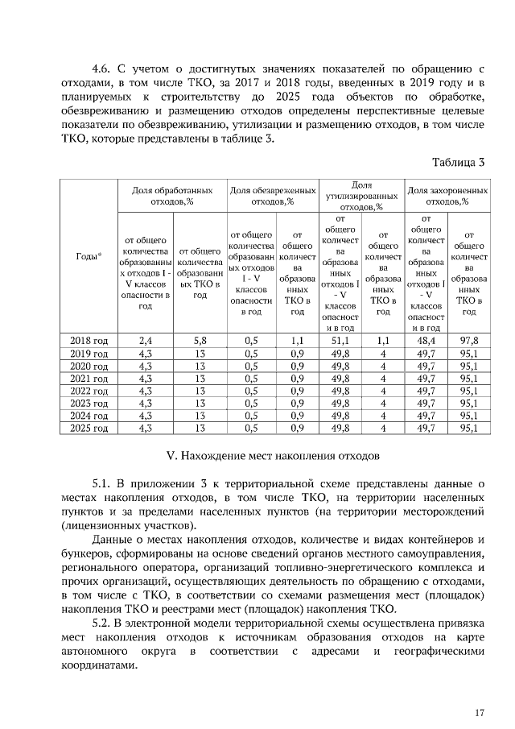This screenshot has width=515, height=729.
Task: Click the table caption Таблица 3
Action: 458,162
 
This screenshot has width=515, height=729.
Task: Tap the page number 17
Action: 480,712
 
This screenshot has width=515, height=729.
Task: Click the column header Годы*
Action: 89,255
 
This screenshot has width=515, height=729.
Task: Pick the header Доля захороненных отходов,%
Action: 447,196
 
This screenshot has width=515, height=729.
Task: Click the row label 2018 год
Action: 89,341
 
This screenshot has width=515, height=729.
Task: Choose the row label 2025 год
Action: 89,429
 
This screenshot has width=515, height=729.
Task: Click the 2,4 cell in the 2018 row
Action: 146,341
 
